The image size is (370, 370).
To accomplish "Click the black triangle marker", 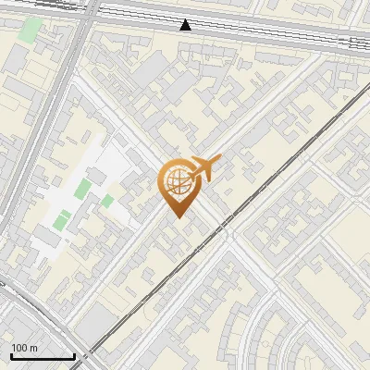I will pyautogui.click(x=187, y=25).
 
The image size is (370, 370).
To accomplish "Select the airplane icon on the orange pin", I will pyautogui.click(x=205, y=167).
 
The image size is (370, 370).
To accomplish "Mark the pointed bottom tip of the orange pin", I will pyautogui.click(x=177, y=216).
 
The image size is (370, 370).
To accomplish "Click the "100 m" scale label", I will pyautogui.click(x=25, y=348).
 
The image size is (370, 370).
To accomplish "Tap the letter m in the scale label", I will pyautogui.click(x=33, y=348).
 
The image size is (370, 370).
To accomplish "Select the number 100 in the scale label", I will pyautogui.click(x=19, y=348).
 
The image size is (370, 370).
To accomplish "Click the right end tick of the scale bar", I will pyautogui.click(x=74, y=355).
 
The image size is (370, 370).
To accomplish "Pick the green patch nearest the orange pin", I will pyautogui.click(x=108, y=201).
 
